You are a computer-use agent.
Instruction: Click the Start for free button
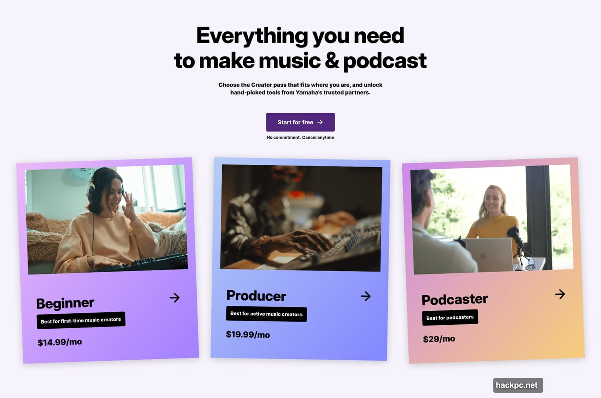pos(300,122)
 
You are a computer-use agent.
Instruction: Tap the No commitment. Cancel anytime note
pos(300,137)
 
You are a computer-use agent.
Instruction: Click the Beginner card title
pos(65,303)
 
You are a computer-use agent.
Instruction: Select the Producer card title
pos(256,295)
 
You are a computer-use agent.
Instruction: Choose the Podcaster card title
pos(454,299)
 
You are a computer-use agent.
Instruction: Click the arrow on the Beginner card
pos(174,298)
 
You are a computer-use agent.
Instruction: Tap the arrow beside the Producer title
pos(366,296)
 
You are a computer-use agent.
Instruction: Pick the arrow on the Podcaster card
pos(560,294)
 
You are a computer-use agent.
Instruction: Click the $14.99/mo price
pos(60,342)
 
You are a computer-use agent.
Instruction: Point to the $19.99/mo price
pos(248,334)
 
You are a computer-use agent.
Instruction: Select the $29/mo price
pos(439,339)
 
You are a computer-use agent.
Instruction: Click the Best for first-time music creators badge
pos(81,320)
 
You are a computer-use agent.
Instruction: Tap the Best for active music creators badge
pos(266,314)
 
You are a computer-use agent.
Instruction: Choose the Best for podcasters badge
pos(450,317)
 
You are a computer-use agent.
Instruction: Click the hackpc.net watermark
pos(518,385)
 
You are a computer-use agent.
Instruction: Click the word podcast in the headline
pos(385,61)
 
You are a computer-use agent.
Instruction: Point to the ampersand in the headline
pos(331,61)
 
